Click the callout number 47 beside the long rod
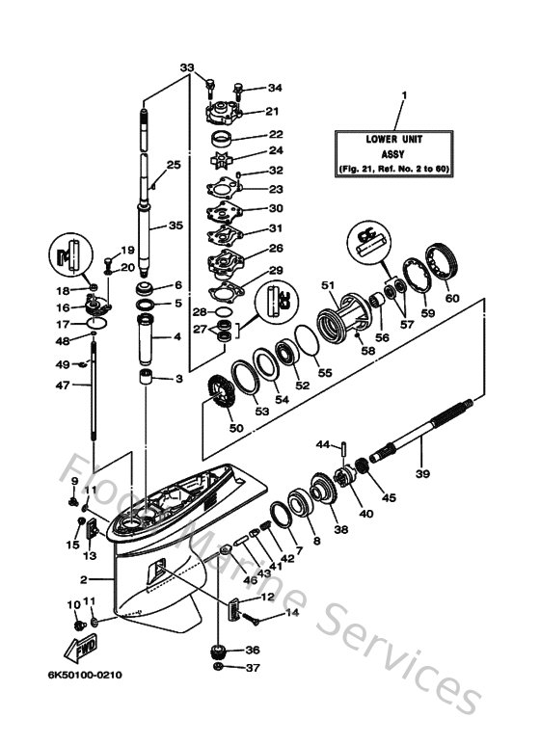(x=64, y=385)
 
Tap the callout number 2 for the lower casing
(x=84, y=579)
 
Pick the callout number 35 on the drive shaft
(x=175, y=226)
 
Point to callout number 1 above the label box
(x=404, y=95)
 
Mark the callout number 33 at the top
(x=187, y=67)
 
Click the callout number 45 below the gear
(x=389, y=498)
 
